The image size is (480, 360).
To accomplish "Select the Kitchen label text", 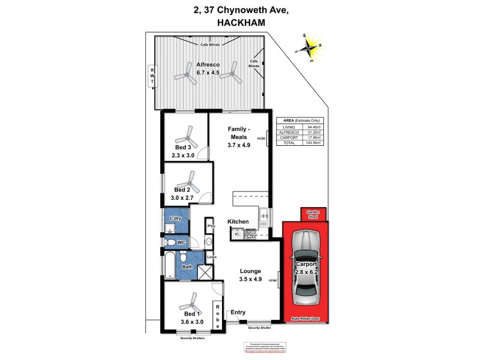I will (x=238, y=222).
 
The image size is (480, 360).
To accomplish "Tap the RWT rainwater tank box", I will (x=152, y=77).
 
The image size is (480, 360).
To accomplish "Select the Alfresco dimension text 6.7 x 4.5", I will (x=208, y=73).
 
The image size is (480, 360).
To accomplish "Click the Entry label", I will (x=238, y=312).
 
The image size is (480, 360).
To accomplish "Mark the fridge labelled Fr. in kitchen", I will (x=238, y=235).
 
